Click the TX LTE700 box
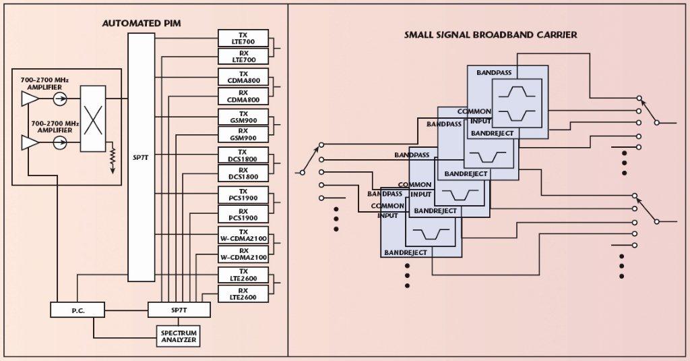[x=243, y=38]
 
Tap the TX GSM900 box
[x=243, y=117]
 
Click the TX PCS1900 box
[x=243, y=195]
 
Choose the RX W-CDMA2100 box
[x=243, y=254]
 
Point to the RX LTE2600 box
[x=243, y=294]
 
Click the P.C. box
[x=77, y=310]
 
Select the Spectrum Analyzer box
[x=178, y=336]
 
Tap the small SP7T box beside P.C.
[x=179, y=310]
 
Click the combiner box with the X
[x=92, y=119]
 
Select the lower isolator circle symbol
[x=60, y=142]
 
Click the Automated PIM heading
[x=142, y=24]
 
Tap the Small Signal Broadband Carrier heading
[x=491, y=34]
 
